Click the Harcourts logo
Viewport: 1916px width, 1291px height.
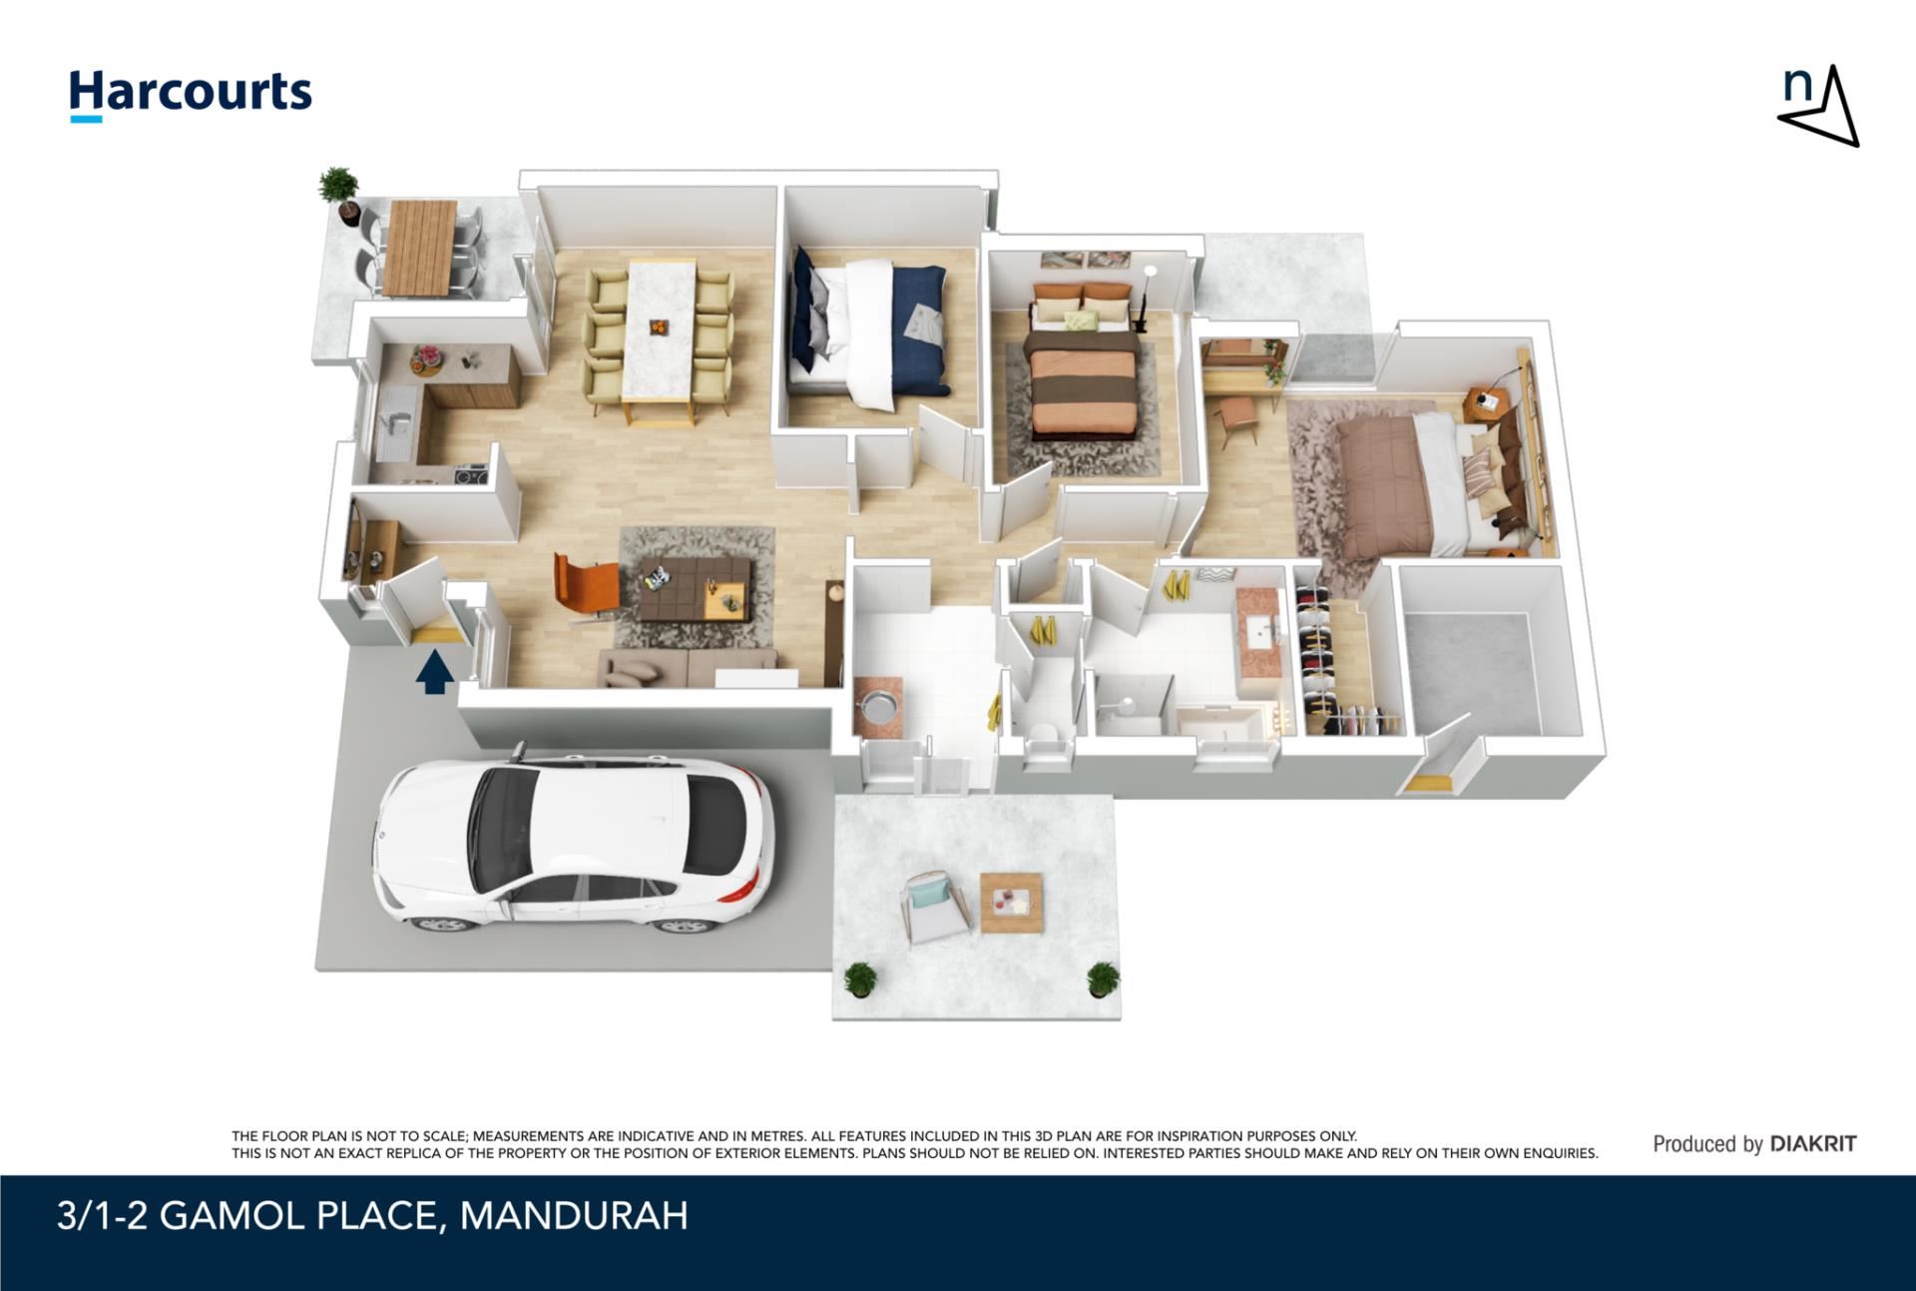[191, 95]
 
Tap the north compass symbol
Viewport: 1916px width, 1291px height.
[1818, 106]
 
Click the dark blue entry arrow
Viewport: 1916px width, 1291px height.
[434, 672]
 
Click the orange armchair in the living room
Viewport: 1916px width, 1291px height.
[585, 588]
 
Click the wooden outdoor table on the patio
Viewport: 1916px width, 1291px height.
[419, 248]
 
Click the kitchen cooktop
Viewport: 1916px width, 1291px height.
[470, 474]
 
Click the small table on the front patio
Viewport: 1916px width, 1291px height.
[1012, 903]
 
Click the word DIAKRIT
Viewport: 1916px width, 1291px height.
[1813, 1144]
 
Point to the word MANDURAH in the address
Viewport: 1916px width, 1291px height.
[574, 1216]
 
